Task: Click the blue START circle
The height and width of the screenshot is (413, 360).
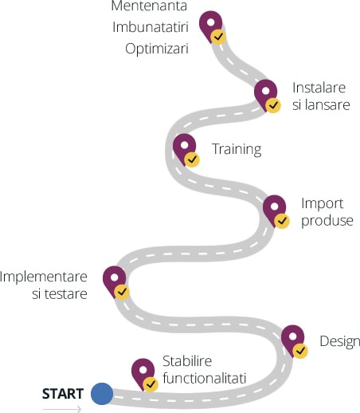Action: [102, 394]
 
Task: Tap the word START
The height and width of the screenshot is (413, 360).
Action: [63, 394]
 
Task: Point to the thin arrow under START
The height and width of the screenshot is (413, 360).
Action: [62, 409]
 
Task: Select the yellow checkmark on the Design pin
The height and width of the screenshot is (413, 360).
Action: [300, 351]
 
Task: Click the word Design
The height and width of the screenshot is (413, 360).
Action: [340, 342]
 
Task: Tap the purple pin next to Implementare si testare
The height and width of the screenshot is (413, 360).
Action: [113, 277]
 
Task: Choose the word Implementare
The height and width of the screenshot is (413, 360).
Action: [44, 277]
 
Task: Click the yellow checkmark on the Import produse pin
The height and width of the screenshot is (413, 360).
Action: [282, 221]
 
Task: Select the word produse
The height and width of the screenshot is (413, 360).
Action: [327, 221]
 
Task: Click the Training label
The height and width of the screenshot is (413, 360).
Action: [237, 149]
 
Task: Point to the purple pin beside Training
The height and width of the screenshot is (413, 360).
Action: [183, 146]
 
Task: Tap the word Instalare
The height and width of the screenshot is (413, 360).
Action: [319, 88]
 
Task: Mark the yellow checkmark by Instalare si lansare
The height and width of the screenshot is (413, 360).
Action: [273, 105]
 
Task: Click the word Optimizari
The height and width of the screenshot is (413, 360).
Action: [157, 49]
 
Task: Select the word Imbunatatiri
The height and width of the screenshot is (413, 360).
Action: [151, 27]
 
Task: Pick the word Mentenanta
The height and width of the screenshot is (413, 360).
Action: [149, 6]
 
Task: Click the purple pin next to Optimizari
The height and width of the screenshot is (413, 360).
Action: [209, 22]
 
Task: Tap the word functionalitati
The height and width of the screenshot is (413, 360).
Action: [205, 378]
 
